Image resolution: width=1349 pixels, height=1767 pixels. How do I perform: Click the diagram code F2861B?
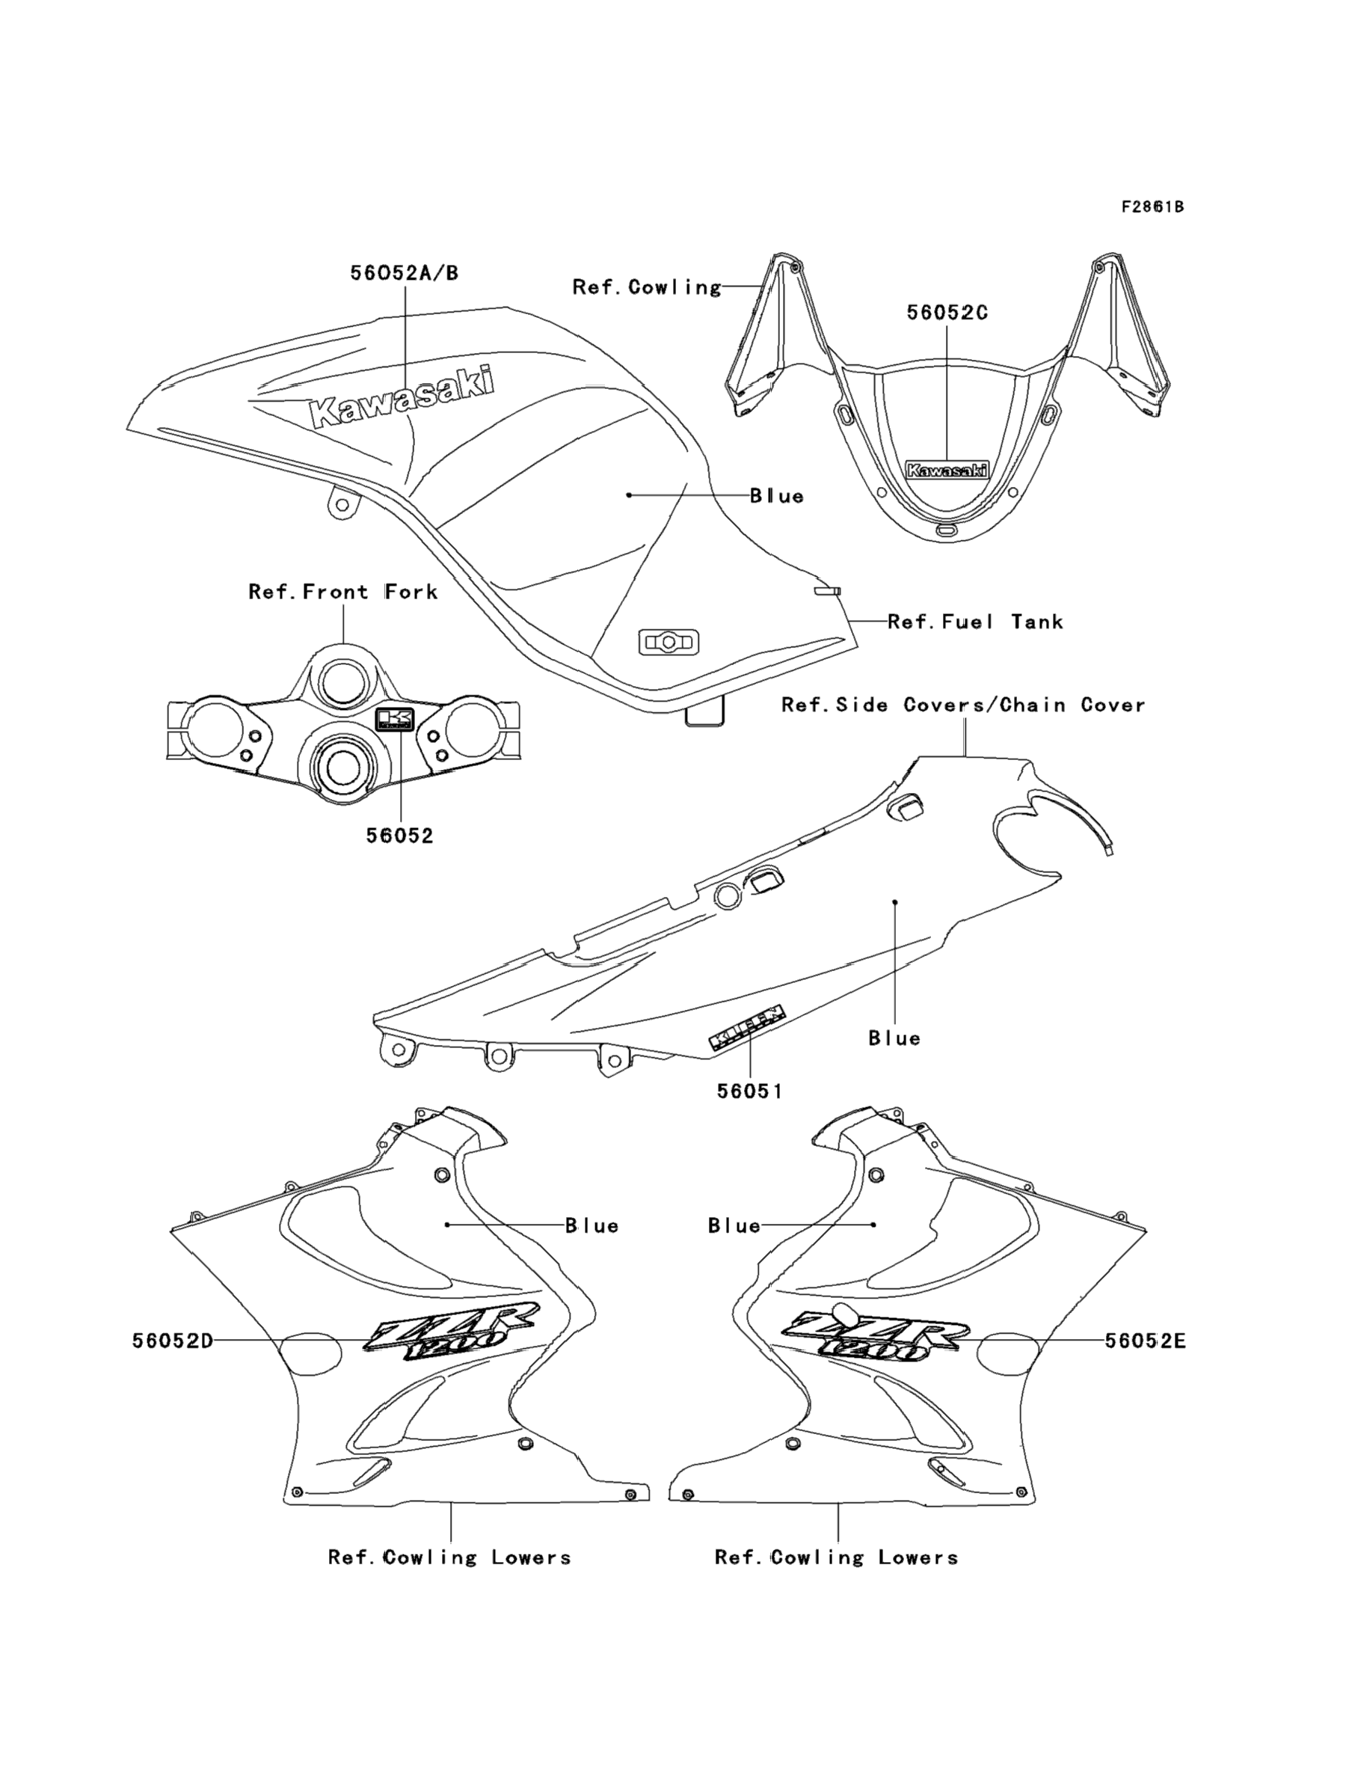(1152, 207)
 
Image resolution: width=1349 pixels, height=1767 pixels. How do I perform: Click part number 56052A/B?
(404, 273)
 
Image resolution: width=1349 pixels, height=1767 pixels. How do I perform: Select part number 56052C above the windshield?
(947, 313)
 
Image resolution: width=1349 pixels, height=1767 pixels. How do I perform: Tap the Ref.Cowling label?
(646, 287)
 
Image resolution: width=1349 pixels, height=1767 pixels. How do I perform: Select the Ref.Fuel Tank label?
(975, 621)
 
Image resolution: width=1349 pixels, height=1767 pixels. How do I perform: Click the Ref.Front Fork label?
(343, 592)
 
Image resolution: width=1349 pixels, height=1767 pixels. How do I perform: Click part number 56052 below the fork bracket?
(399, 836)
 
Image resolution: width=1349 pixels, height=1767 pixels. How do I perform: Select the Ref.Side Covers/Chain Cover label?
(962, 705)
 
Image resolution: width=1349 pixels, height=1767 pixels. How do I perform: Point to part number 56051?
(749, 1091)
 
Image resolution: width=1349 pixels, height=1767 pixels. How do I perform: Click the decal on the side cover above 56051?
(746, 1026)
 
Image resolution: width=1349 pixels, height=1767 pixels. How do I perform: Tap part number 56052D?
(173, 1341)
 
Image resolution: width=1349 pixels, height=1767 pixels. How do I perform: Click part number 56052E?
(1145, 1341)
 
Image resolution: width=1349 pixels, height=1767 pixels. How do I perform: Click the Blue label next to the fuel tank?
(776, 497)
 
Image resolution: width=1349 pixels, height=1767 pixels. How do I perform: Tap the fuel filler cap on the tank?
(668, 643)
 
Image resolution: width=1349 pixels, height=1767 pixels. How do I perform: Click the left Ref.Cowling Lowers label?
(449, 1558)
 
